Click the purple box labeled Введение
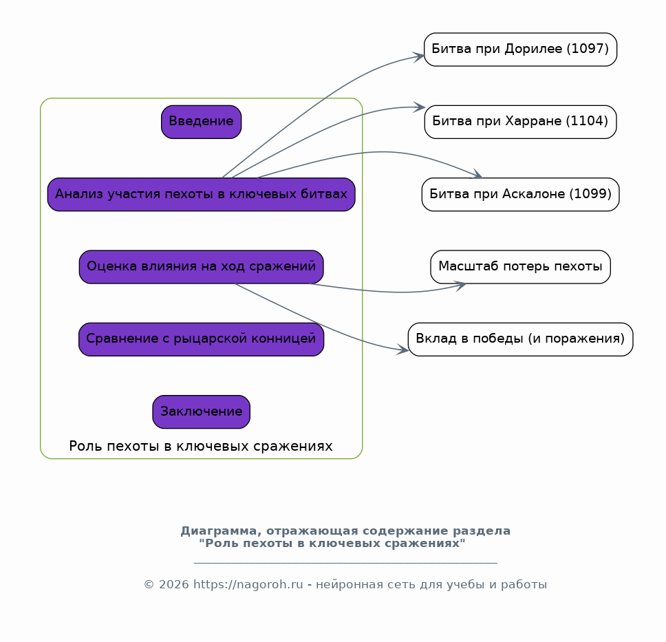point(202,122)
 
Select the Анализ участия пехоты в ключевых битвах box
point(202,195)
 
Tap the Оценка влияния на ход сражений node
point(202,267)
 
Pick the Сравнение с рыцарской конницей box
point(202,339)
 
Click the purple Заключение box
point(202,412)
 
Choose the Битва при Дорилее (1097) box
point(520,50)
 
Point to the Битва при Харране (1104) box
point(520,122)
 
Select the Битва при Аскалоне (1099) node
point(520,195)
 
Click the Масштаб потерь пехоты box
point(520,267)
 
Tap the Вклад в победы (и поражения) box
point(520,339)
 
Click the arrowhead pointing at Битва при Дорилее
point(419,57)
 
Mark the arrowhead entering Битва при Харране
point(420,107)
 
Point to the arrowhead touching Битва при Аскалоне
point(477,174)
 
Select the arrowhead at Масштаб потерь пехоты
point(460,286)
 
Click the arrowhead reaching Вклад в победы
point(402,350)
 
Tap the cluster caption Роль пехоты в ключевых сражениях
point(201,447)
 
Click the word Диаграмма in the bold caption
point(222,531)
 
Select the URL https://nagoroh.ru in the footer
point(248,585)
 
